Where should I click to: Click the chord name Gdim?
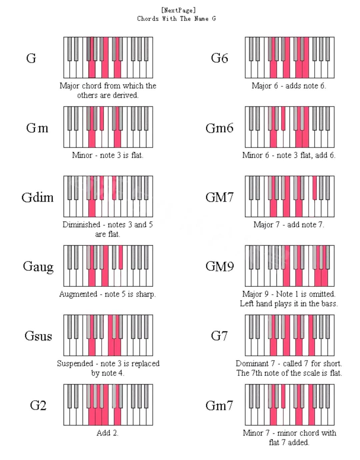pos(37,197)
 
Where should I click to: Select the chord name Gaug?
pos(38,267)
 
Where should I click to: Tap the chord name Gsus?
pos(38,336)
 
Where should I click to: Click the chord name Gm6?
pos(219,128)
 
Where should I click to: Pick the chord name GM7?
pos(219,197)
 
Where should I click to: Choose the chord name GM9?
pos(220,266)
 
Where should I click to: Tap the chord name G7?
pos(219,336)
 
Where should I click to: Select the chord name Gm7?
pos(219,405)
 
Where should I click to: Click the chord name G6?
pos(219,58)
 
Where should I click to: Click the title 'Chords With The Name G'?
pos(176,19)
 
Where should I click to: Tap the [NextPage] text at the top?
pos(178,10)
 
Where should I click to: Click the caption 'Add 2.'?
pos(107,433)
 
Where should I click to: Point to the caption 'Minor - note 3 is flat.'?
pos(107,155)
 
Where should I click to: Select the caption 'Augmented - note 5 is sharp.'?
pos(107,294)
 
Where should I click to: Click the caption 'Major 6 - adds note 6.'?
pos(289,86)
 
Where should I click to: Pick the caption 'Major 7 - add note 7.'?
pos(289,224)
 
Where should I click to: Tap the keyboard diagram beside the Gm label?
pos(108,127)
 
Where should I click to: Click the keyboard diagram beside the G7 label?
pos(289,335)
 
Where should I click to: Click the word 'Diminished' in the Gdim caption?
pos(81,224)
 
